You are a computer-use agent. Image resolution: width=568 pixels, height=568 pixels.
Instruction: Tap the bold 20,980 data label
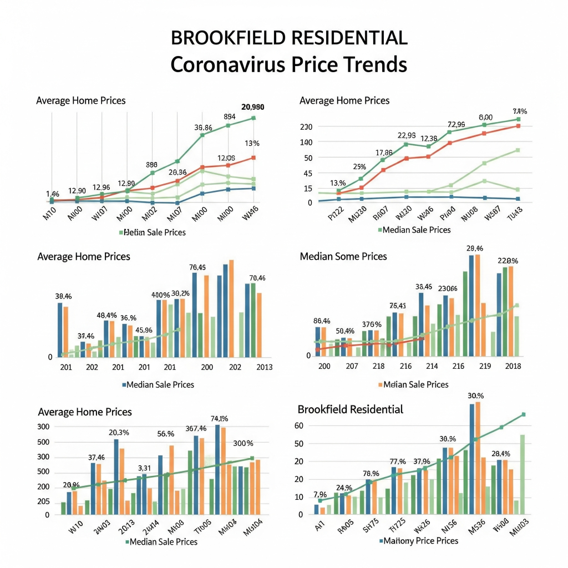253,107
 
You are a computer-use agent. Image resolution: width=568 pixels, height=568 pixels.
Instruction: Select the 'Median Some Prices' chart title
343,256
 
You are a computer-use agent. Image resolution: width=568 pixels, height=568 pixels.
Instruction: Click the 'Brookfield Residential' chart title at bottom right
350,409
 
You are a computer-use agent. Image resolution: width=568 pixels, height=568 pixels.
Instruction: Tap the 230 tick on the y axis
306,127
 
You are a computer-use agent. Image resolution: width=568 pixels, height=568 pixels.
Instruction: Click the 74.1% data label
220,419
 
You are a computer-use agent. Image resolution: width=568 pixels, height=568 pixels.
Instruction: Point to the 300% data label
243,443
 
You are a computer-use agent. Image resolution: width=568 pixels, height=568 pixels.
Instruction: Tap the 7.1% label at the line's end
520,111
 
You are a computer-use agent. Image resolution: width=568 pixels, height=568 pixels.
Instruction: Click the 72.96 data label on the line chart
455,124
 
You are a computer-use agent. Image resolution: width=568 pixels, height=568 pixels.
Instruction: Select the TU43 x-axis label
516,213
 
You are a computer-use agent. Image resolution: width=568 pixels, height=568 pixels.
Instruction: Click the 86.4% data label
322,320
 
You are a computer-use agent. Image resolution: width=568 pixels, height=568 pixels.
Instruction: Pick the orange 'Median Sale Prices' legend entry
415,384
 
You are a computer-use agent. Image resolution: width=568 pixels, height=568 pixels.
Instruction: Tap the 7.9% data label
320,494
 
